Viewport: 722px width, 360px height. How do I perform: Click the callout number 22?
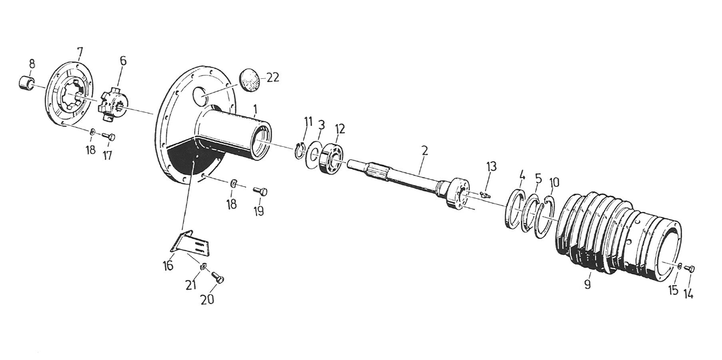point(272,78)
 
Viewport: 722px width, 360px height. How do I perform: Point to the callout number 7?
point(80,52)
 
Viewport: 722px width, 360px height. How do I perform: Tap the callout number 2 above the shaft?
point(424,151)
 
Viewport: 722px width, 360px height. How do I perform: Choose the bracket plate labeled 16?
point(190,244)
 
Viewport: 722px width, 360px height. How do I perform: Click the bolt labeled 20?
point(218,278)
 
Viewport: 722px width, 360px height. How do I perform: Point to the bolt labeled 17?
point(109,137)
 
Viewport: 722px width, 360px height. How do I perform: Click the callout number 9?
point(587,285)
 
